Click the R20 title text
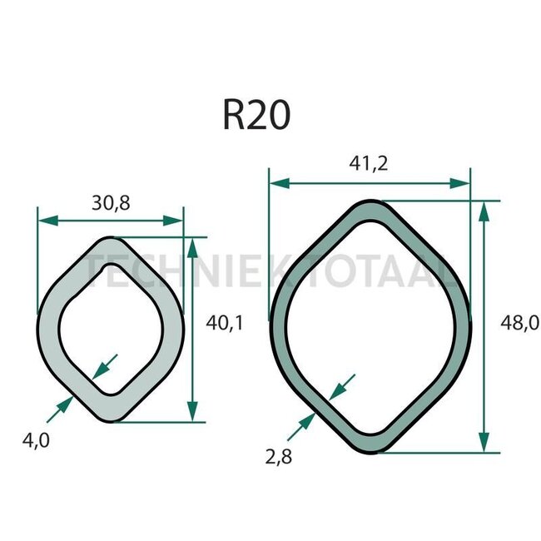[256, 115]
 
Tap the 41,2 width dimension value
[370, 165]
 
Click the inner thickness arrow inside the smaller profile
[107, 364]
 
